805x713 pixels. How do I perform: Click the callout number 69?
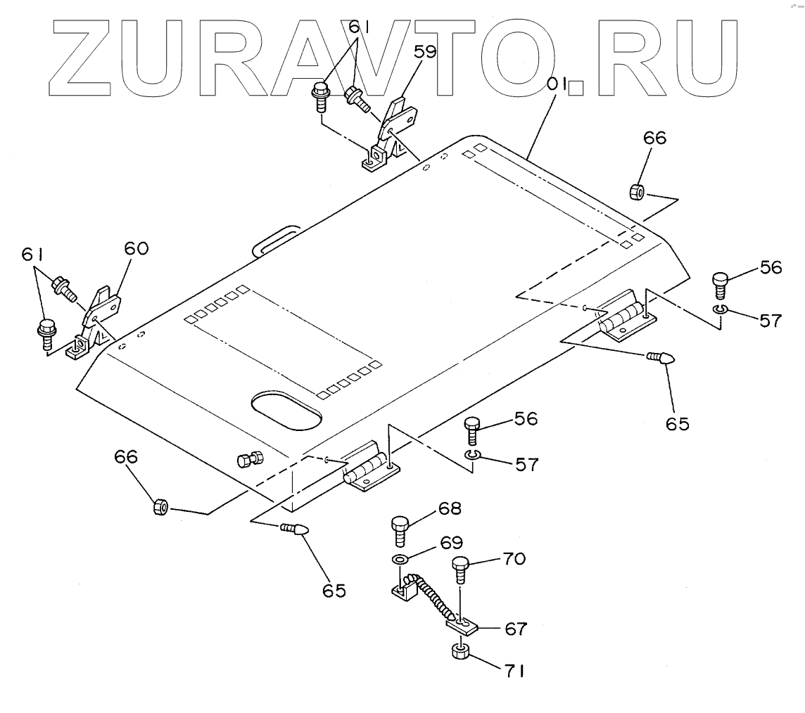click(451, 542)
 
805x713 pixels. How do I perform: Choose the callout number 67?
click(515, 628)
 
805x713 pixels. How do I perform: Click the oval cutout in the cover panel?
click(286, 410)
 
